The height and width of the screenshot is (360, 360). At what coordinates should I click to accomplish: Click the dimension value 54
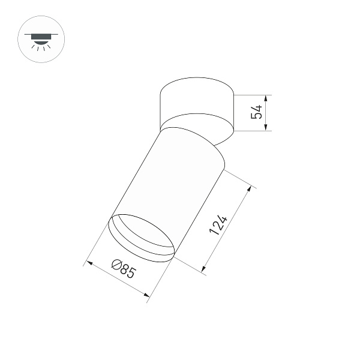pyautogui.click(x=257, y=112)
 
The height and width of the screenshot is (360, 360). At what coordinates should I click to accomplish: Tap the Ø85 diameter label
pyautogui.click(x=124, y=269)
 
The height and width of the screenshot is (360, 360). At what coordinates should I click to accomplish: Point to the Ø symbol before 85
pyautogui.click(x=117, y=265)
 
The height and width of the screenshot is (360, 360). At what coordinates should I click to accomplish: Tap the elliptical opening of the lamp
pyautogui.click(x=141, y=236)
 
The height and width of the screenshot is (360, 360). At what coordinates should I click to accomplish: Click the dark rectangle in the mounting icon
pyautogui.click(x=37, y=36)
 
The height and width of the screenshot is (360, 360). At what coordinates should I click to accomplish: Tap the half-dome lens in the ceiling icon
pyautogui.click(x=37, y=41)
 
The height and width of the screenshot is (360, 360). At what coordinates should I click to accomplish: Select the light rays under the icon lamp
pyautogui.click(x=37, y=49)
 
